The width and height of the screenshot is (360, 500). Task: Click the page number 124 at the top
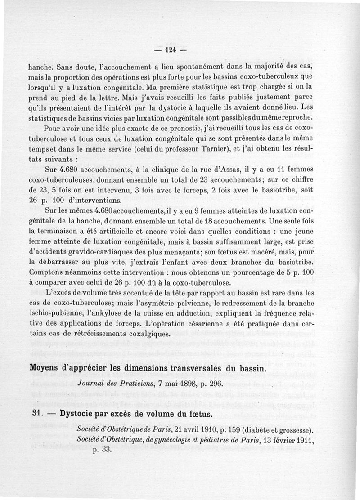click(171, 49)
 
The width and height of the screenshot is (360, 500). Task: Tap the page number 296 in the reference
click(217, 384)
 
